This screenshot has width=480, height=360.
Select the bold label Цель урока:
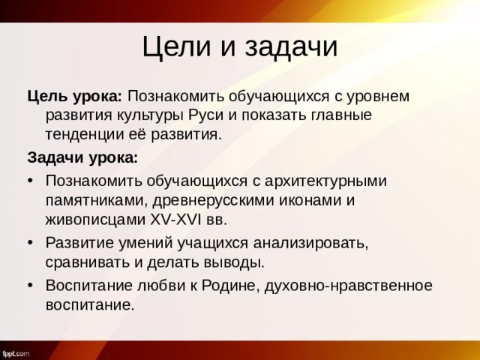tap(75, 97)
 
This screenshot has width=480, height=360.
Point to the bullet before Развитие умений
tap(31, 244)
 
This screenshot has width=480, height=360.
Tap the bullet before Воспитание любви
tap(31, 286)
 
